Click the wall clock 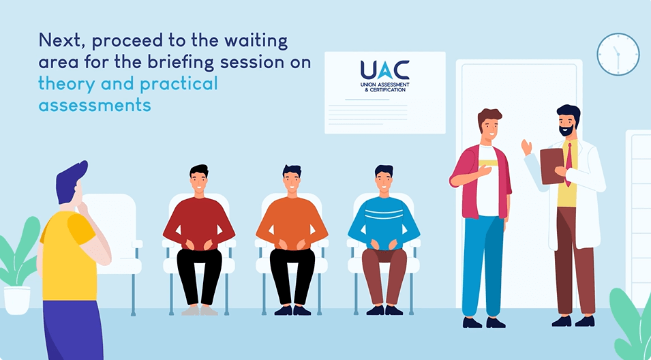pyautogui.click(x=618, y=55)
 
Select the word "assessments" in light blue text pyautogui.click(x=95, y=104)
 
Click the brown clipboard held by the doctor pyautogui.click(x=552, y=166)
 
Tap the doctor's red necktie pyautogui.click(x=569, y=163)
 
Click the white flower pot pyautogui.click(x=17, y=300)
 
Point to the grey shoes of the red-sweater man pyautogui.click(x=199, y=310)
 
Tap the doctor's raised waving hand pyautogui.click(x=527, y=147)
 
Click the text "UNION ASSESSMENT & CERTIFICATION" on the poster pyautogui.click(x=384, y=87)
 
